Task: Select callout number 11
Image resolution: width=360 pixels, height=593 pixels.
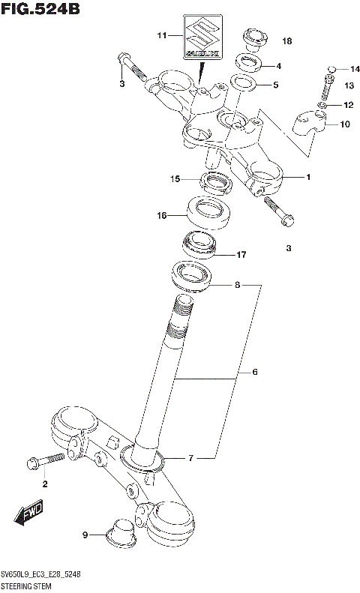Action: (x=160, y=35)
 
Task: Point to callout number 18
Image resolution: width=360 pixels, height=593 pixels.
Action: (x=286, y=40)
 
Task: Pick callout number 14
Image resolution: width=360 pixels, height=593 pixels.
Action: (x=355, y=69)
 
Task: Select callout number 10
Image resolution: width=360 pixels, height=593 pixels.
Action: (x=345, y=124)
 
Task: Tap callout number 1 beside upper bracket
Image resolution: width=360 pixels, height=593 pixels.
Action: (x=307, y=177)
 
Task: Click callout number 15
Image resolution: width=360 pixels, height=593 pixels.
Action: (x=174, y=179)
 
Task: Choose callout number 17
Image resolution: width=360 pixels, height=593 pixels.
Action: (x=241, y=255)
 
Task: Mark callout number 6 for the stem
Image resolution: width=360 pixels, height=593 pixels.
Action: (x=255, y=372)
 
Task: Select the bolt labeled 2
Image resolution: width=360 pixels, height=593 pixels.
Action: (x=41, y=460)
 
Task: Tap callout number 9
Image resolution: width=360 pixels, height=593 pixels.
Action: (x=85, y=535)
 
